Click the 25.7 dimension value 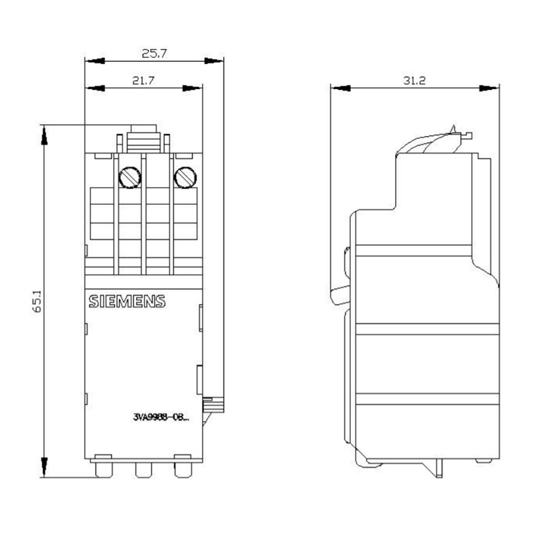[154, 54]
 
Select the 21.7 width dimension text [143, 80]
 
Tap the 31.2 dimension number [414, 80]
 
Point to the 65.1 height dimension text [37, 301]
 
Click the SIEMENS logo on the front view [127, 301]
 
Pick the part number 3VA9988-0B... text [161, 418]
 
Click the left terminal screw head [130, 177]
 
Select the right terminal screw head [185, 177]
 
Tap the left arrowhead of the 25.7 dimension [95, 61]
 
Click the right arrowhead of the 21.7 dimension [192, 88]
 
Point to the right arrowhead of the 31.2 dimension [489, 88]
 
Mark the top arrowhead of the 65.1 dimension [44, 135]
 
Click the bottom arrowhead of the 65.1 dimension [44, 467]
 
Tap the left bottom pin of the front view [104, 470]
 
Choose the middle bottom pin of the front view [143, 470]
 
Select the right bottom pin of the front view [183, 470]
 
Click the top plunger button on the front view [143, 139]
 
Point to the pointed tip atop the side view [453, 125]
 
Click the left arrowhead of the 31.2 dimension [341, 88]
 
